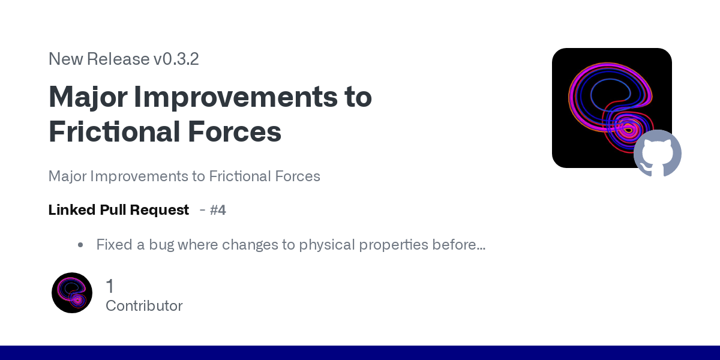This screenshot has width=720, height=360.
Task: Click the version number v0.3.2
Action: (176, 59)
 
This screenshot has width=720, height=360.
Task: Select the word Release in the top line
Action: (118, 59)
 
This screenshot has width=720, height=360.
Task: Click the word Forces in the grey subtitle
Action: (298, 176)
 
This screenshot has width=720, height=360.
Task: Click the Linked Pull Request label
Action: (118, 210)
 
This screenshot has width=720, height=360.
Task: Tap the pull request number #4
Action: (218, 210)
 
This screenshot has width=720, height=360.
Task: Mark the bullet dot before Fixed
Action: (80, 245)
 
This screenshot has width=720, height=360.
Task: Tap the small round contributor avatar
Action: (72, 293)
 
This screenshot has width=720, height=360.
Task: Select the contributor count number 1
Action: (110, 286)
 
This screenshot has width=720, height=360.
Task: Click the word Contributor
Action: (144, 306)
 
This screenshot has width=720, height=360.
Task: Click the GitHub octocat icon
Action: (658, 154)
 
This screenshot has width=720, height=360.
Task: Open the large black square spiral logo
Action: (606, 102)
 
